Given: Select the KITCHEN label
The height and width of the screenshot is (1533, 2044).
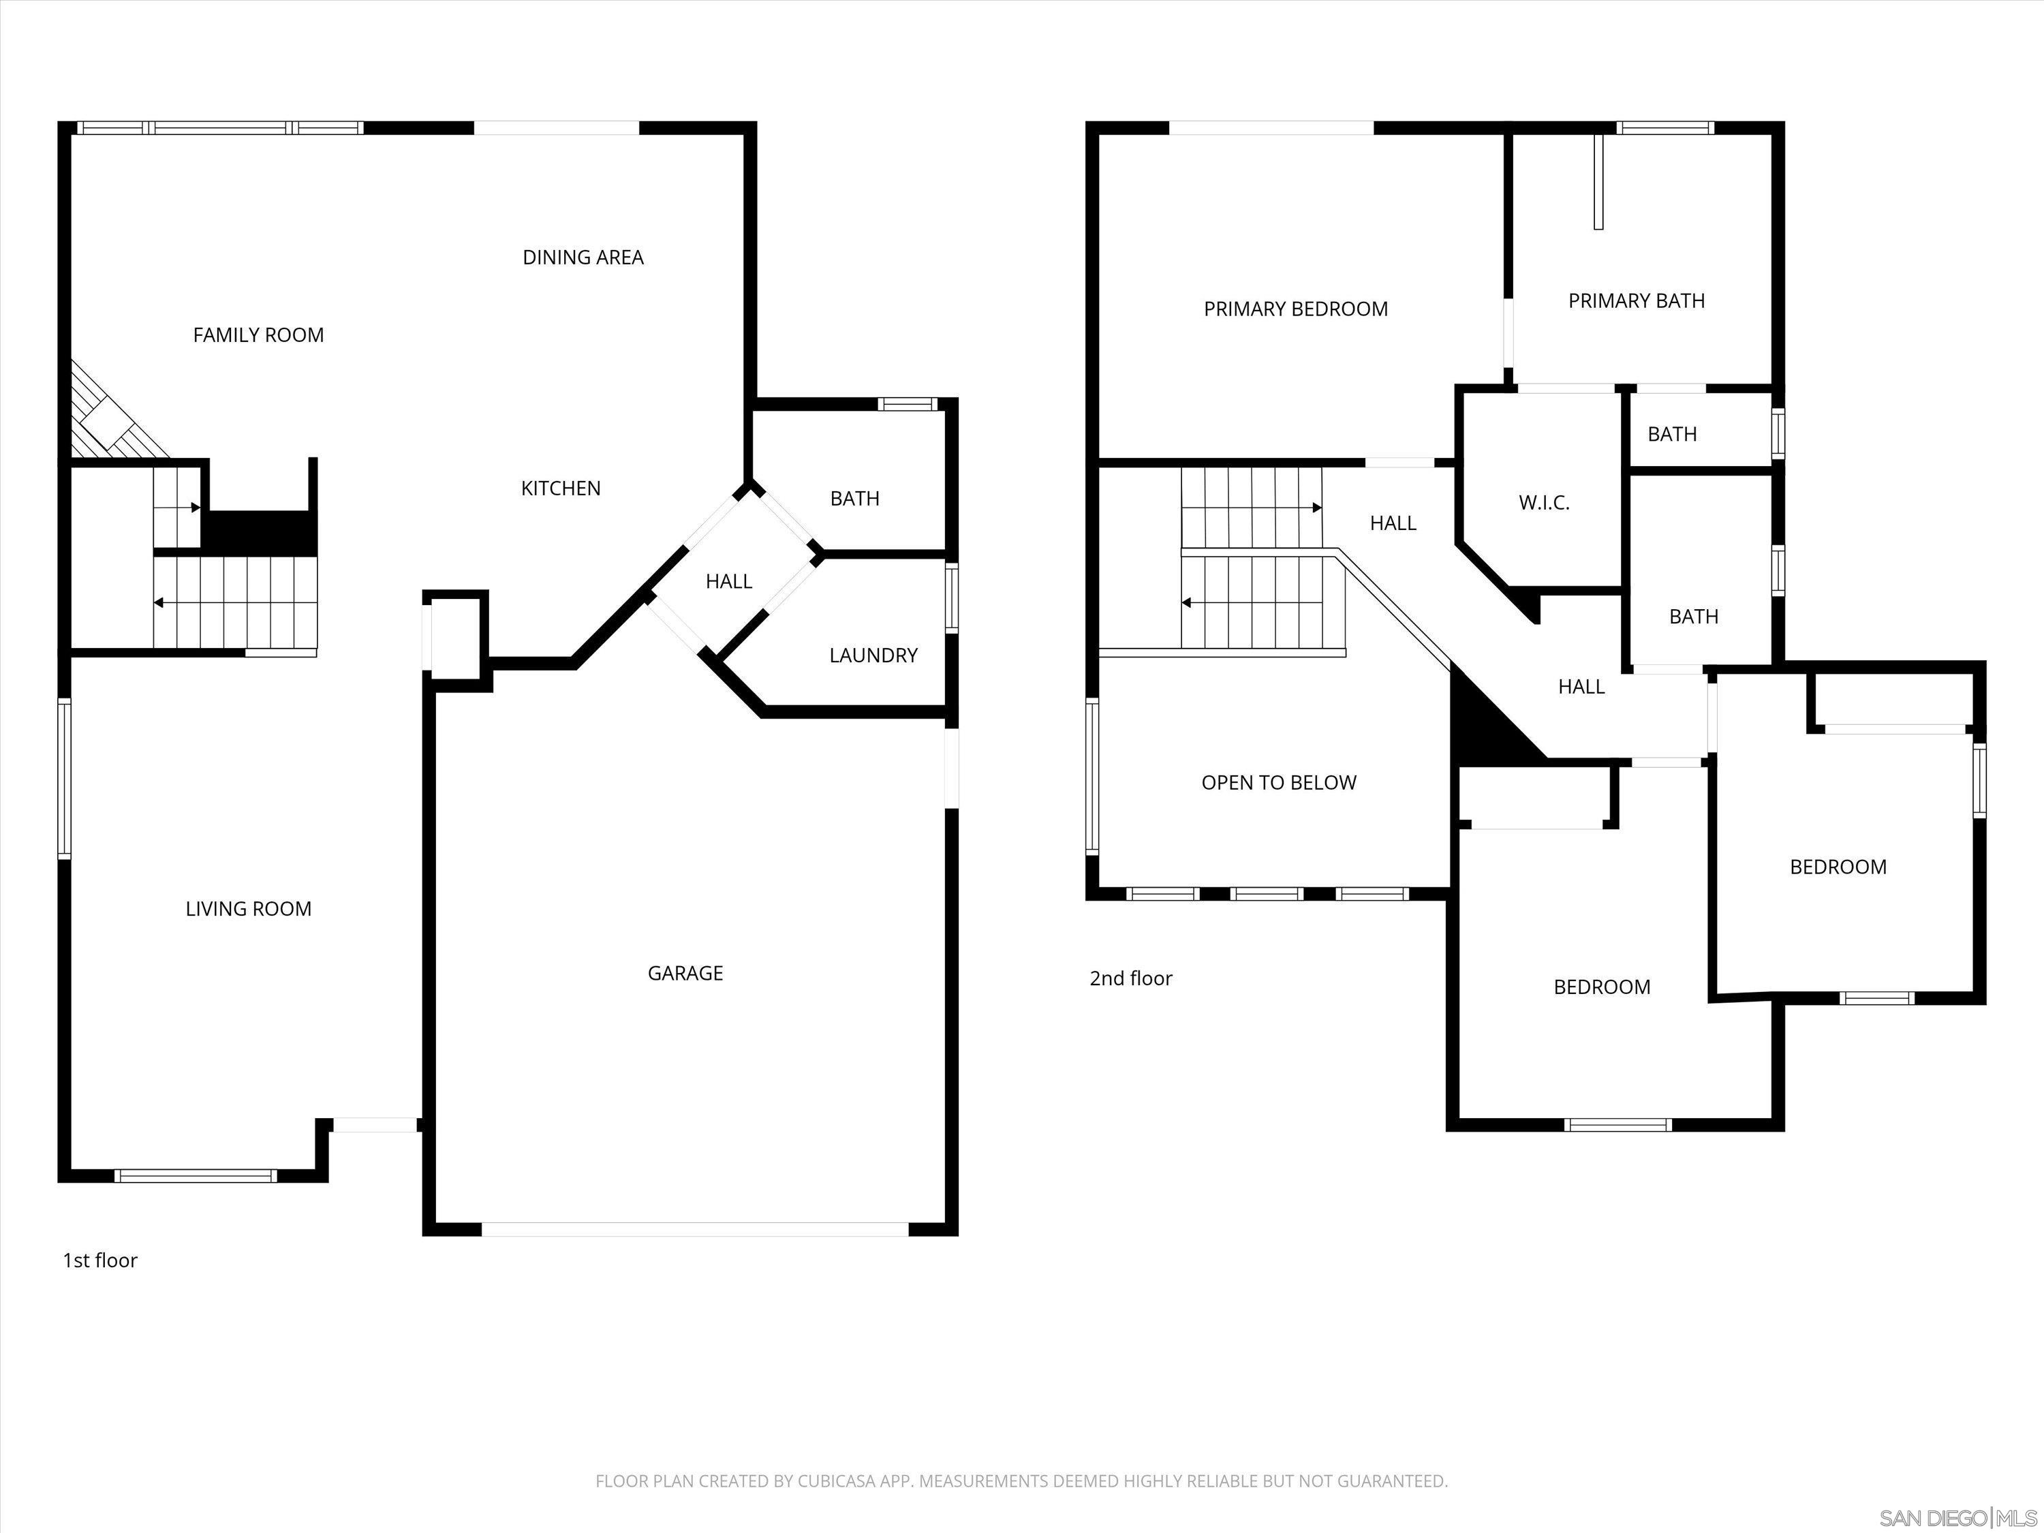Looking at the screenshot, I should pyautogui.click(x=560, y=489).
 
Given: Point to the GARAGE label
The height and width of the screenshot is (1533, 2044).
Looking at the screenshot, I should pyautogui.click(x=685, y=973).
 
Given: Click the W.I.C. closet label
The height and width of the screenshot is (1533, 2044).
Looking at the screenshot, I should pyautogui.click(x=1543, y=504).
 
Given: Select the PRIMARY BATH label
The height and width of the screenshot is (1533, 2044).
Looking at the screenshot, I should pyautogui.click(x=1636, y=301).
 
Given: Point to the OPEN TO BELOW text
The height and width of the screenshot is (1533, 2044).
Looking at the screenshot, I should pyautogui.click(x=1278, y=784).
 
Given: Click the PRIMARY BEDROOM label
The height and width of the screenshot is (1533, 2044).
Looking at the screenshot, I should pyautogui.click(x=1295, y=309).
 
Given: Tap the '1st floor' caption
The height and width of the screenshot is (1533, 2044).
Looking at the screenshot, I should pyautogui.click(x=99, y=1261).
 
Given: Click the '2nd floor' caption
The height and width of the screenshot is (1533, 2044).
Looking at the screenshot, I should pyautogui.click(x=1130, y=978).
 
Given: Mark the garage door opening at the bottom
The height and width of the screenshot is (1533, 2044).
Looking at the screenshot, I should pyautogui.click(x=695, y=1230).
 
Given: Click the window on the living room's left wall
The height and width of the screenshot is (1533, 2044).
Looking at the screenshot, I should pyautogui.click(x=64, y=778).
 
